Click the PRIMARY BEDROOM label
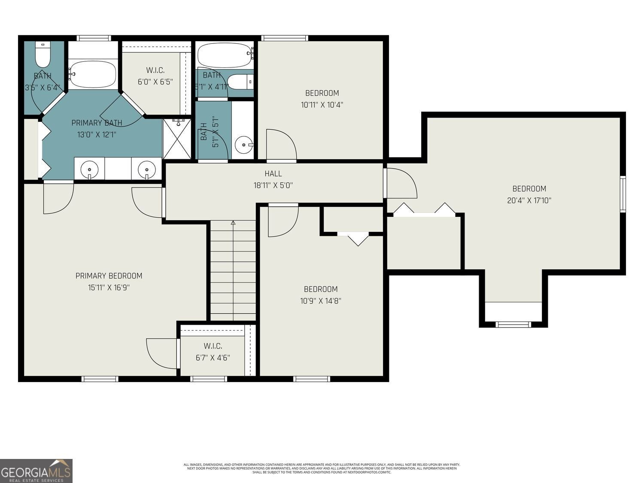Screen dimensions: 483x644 click(109, 276)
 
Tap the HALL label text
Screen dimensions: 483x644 click(273, 173)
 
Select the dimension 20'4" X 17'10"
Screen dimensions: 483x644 click(529, 200)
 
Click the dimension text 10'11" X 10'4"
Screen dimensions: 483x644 click(322, 104)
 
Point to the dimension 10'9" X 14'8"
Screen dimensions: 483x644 click(320, 301)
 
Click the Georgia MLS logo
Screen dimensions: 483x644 click(36, 471)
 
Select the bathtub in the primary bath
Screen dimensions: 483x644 click(93, 74)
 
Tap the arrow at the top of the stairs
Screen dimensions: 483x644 click(233, 223)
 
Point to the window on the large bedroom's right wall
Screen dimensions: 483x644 click(623, 194)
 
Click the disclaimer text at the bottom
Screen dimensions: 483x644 click(322, 468)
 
